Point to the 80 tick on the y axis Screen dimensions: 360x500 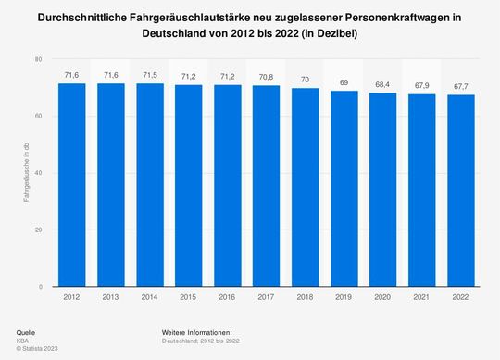pos(38,59)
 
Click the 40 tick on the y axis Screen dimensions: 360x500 pos(38,173)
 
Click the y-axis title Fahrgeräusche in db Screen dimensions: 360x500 pos(27,173)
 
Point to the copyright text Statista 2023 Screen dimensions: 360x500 pos(40,347)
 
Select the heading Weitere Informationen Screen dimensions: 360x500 pos(195,331)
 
